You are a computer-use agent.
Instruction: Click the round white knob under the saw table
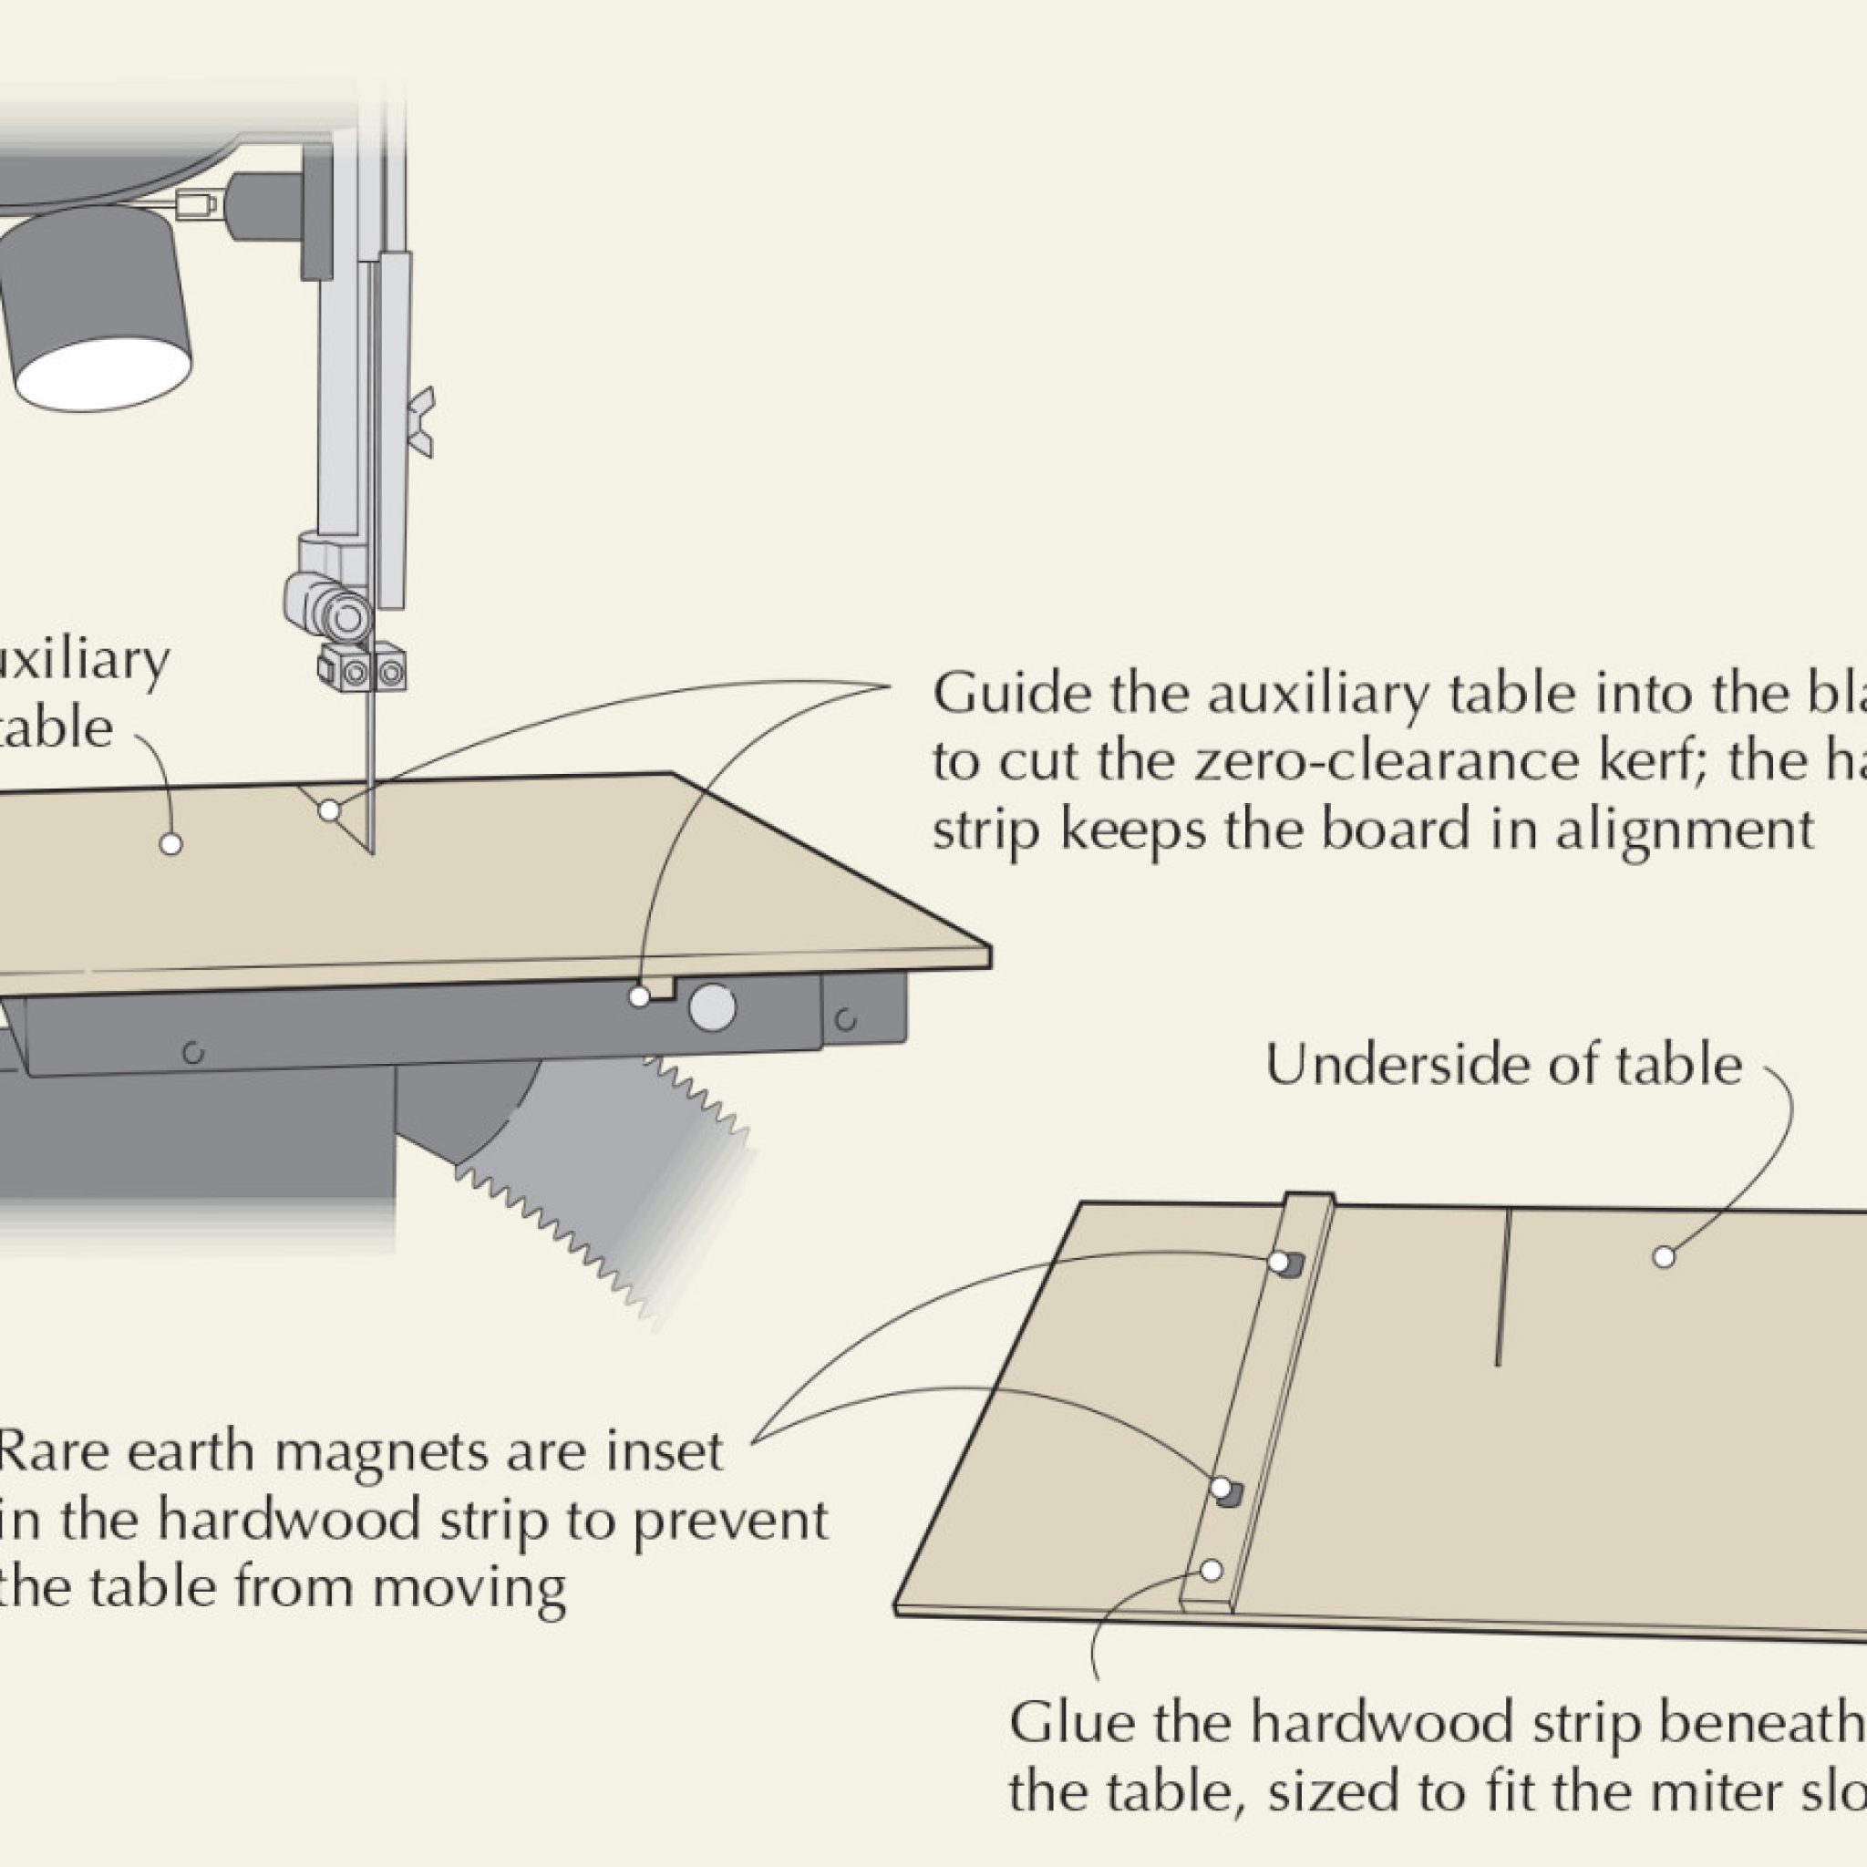712,1006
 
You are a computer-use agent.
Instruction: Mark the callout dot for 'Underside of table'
1664,1257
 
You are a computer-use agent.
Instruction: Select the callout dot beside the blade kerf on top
329,810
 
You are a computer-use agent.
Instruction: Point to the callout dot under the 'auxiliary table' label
171,843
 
